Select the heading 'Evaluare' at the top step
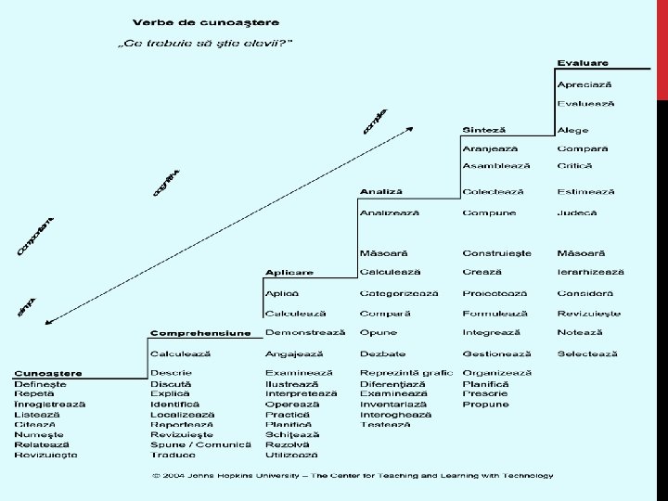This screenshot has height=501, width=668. pos(583,62)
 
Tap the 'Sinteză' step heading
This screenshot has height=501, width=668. pos(484,129)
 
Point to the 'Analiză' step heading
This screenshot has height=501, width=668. pos(381,191)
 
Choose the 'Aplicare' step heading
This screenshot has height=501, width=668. pos(289,272)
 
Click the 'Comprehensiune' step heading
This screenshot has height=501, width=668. pos(199,332)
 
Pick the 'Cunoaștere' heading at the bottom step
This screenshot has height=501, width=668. pos(47,373)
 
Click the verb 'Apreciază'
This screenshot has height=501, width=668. pos(585,84)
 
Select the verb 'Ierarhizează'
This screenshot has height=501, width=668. pos(591,272)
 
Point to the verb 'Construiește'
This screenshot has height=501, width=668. pos(496,252)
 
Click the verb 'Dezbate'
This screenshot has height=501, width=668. pos(382,353)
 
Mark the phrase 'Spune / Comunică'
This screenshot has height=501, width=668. pos(200,444)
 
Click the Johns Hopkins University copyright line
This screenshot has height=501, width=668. pos(353,476)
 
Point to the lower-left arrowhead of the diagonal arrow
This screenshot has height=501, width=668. pos(48,322)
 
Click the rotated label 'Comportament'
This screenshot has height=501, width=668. pos(36,236)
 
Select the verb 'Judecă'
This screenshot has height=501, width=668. pos(577,212)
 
